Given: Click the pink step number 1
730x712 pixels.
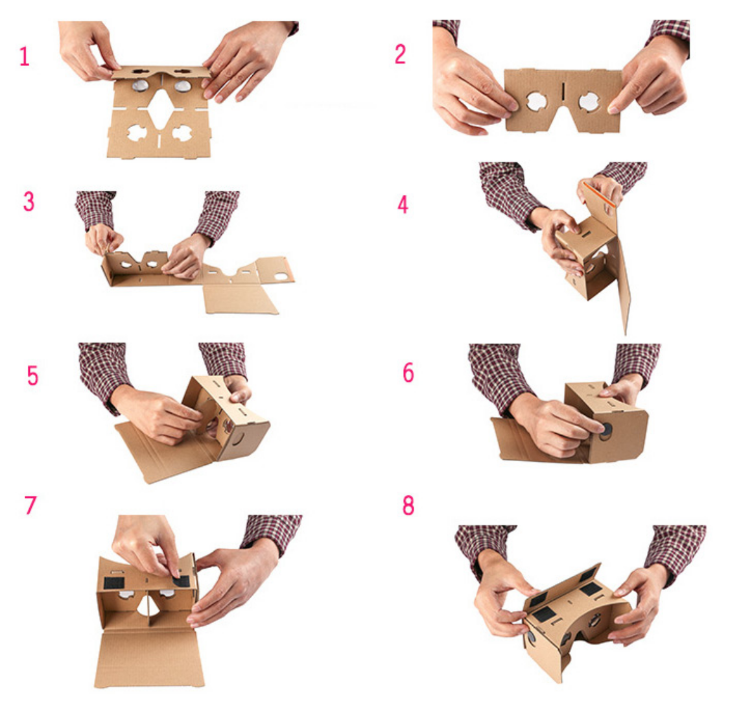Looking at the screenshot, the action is pyautogui.click(x=24, y=56).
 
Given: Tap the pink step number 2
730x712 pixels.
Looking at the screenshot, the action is pyautogui.click(x=400, y=54).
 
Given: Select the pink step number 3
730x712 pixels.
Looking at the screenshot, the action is pyautogui.click(x=29, y=201).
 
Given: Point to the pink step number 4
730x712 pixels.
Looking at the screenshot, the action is pyautogui.click(x=403, y=204).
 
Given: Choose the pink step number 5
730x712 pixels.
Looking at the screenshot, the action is pyautogui.click(x=32, y=375).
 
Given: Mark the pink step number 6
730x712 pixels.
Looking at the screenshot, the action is pyautogui.click(x=408, y=372).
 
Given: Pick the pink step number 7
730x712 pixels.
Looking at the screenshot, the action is pyautogui.click(x=30, y=504).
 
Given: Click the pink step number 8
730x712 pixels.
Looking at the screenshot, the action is pyautogui.click(x=408, y=505).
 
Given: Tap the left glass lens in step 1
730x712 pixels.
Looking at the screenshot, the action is pyautogui.click(x=140, y=85).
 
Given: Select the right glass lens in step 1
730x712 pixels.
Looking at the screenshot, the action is pyautogui.click(x=182, y=86).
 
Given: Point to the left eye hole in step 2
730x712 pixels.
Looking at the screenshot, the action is pyautogui.click(x=536, y=102).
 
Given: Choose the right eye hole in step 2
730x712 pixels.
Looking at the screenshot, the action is pyautogui.click(x=589, y=102).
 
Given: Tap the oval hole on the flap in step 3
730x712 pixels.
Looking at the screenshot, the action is pyautogui.click(x=281, y=277).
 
